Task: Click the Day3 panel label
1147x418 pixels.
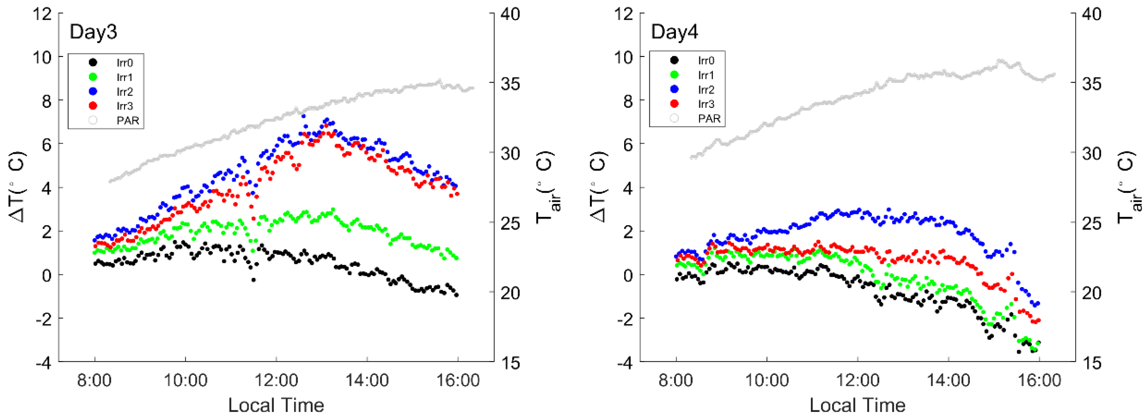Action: pyautogui.click(x=93, y=32)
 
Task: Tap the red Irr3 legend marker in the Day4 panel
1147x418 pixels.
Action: pyautogui.click(x=675, y=104)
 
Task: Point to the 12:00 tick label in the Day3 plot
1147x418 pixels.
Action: pyautogui.click(x=276, y=381)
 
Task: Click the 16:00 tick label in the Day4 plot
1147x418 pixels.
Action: pyautogui.click(x=1039, y=381)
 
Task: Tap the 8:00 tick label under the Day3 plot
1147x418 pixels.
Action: pyautogui.click(x=95, y=381)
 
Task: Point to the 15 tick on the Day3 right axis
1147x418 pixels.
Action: pyautogui.click(x=510, y=363)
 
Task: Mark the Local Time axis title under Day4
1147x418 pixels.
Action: pyautogui.click(x=857, y=405)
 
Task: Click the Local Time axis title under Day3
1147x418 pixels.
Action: pyautogui.click(x=276, y=405)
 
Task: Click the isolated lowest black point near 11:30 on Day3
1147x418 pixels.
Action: pyautogui.click(x=253, y=280)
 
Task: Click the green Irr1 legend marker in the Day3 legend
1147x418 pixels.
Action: pyautogui.click(x=93, y=77)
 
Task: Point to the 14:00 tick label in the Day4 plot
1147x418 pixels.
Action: pyautogui.click(x=948, y=381)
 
